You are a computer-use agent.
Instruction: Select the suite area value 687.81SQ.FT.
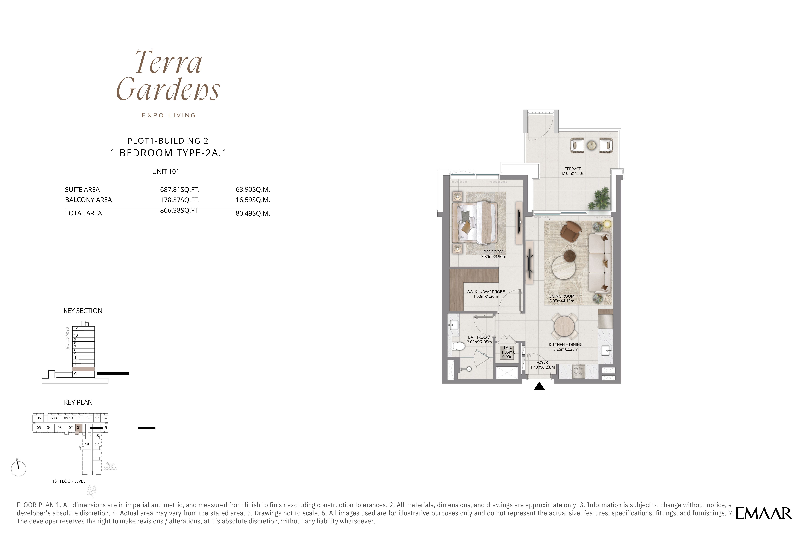pyautogui.click(x=180, y=189)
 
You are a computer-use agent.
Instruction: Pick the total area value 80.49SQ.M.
pyautogui.click(x=253, y=213)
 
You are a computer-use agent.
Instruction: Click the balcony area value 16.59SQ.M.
pyautogui.click(x=253, y=200)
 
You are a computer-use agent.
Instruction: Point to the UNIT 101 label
pyautogui.click(x=166, y=171)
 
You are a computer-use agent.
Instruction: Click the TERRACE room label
pyautogui.click(x=573, y=169)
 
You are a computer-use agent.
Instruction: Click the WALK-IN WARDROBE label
pyautogui.click(x=485, y=292)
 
